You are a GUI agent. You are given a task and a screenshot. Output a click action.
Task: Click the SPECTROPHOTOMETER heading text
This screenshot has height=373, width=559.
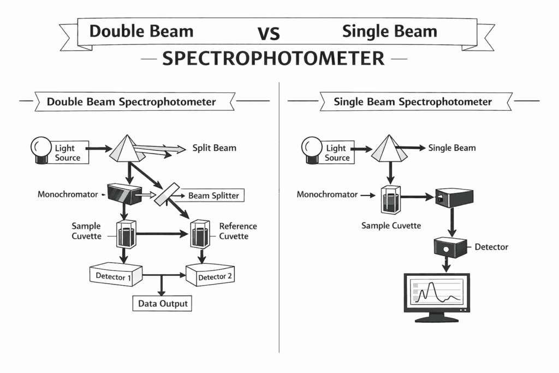[273, 58]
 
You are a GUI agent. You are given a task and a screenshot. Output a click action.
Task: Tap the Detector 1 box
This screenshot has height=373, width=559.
[115, 276]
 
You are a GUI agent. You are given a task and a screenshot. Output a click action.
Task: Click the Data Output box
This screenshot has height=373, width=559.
[162, 303]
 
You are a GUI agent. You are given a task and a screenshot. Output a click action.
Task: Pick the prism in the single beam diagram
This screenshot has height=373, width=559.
[390, 148]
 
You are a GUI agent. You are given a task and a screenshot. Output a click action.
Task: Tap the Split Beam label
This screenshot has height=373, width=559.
[214, 148]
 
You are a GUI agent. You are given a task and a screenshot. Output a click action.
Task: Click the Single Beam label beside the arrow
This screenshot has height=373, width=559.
[451, 147]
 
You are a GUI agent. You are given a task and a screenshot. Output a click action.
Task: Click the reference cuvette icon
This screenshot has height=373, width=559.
[199, 235]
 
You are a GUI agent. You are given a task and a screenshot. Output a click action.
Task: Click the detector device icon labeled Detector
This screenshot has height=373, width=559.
[451, 246]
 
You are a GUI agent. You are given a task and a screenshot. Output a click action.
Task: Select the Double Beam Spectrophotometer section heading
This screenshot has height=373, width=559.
[131, 102]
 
